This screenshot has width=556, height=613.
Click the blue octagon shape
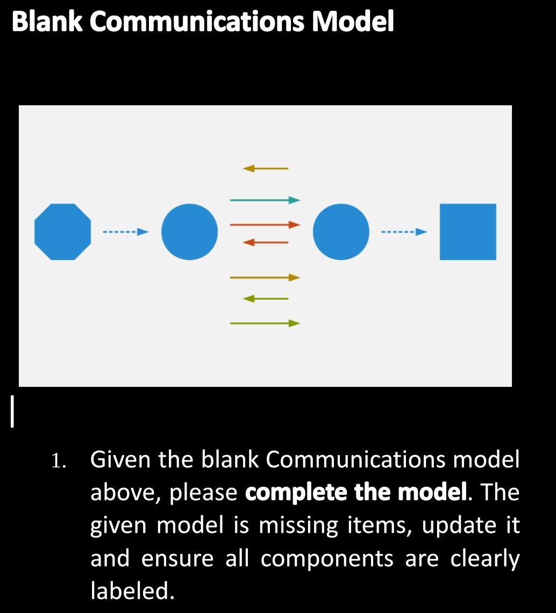62,232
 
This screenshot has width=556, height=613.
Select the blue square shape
468,232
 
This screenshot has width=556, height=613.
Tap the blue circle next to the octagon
189,232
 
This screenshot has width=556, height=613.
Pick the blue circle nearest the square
341,232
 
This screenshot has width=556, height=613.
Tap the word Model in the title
354,23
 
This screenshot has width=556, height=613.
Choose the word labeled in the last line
132,591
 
